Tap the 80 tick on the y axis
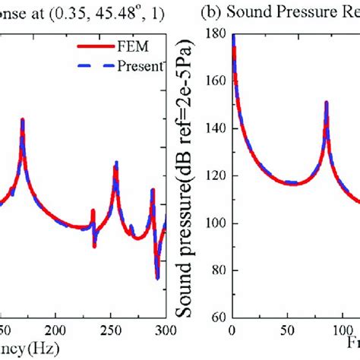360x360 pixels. (220, 270)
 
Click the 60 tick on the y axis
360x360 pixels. (220, 317)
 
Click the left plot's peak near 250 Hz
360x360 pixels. (116, 162)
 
